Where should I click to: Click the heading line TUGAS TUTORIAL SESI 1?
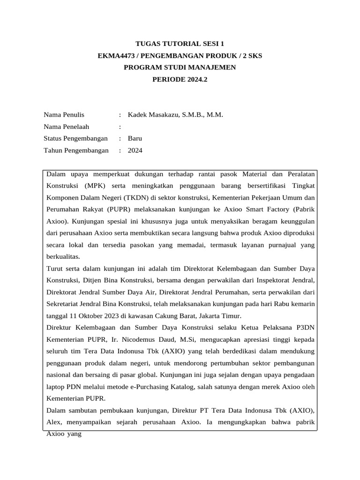(180, 44)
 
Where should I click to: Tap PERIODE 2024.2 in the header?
(180, 79)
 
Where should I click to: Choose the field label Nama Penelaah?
(66, 127)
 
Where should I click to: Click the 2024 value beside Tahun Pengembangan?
(135, 150)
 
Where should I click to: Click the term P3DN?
(303, 328)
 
